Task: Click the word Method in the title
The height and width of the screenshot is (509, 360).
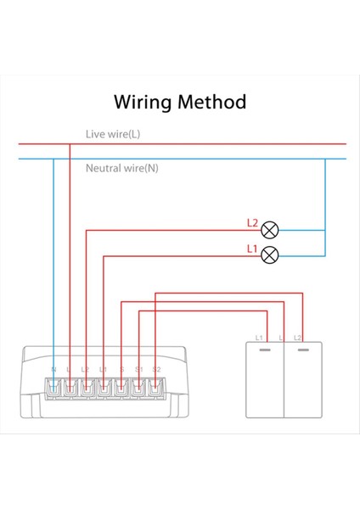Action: [212, 103]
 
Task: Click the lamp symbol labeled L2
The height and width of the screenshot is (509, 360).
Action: [270, 229]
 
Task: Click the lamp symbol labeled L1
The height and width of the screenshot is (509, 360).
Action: [270, 253]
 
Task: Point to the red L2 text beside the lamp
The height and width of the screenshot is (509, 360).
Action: [252, 224]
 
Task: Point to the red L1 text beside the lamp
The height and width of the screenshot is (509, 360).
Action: [252, 248]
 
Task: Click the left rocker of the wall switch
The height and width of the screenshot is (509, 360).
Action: [264, 382]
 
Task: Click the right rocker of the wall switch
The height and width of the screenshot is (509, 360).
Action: [301, 382]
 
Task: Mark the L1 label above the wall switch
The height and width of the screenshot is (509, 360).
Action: [260, 338]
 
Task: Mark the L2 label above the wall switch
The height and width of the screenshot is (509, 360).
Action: [297, 338]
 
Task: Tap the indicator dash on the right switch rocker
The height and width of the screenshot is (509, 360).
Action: [301, 348]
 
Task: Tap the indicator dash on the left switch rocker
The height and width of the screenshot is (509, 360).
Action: [264, 348]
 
